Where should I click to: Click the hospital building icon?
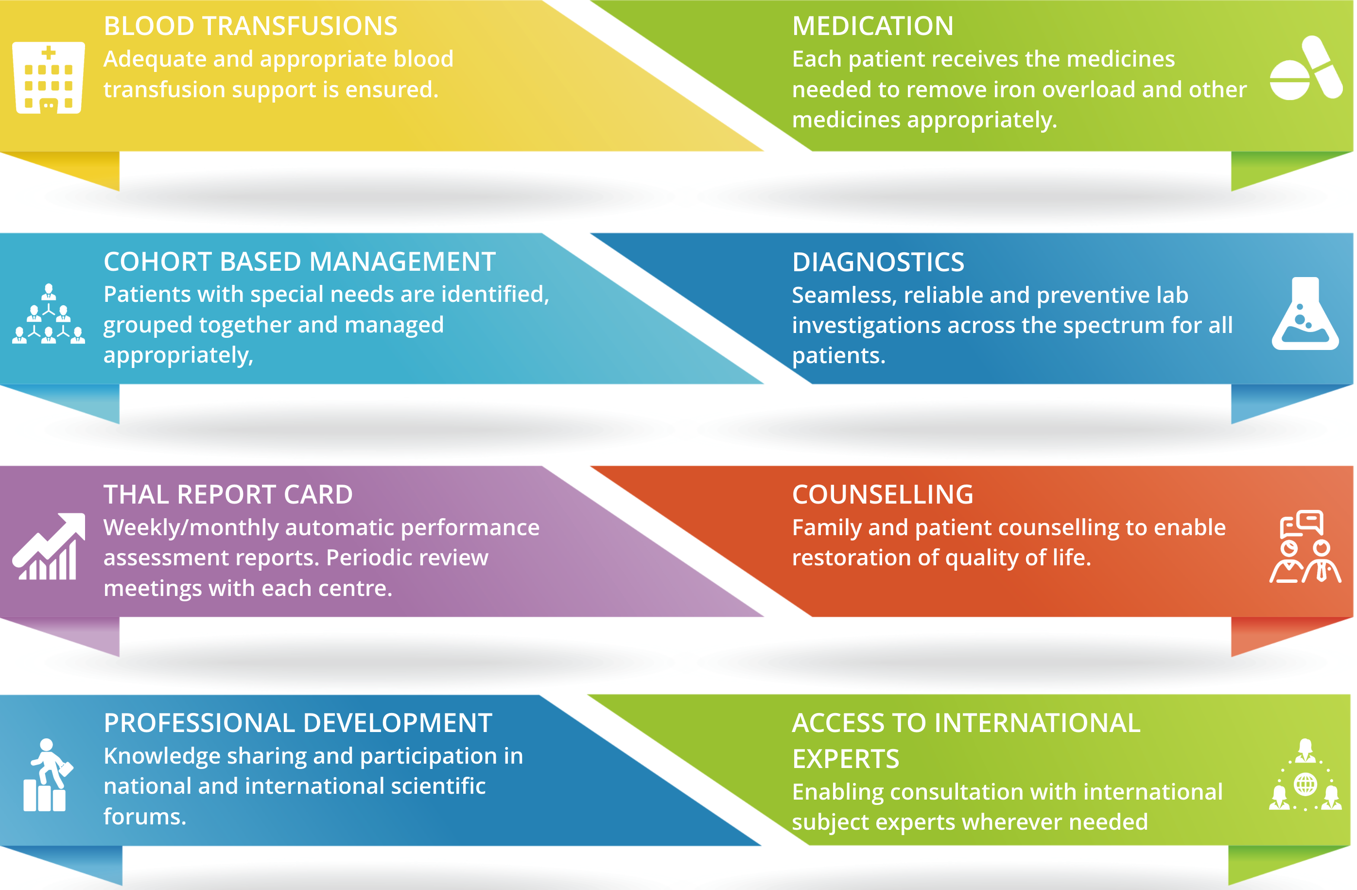point(49,78)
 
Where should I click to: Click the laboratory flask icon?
point(1305,313)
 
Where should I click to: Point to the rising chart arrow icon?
point(49,546)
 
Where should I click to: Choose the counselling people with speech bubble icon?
point(1305,546)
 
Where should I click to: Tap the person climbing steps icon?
point(48,775)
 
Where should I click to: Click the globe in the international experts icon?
point(1305,785)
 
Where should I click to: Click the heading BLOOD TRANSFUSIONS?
point(250,26)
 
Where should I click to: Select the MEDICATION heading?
point(872,26)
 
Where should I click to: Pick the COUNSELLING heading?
point(883,494)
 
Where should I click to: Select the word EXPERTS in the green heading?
point(846,759)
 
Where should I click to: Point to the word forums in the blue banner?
point(144,817)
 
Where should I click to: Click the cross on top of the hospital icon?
point(49,53)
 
